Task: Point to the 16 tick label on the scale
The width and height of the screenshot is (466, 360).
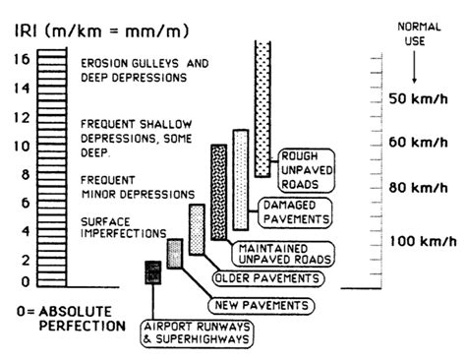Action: click(19, 61)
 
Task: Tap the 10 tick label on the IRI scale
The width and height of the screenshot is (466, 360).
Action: click(18, 148)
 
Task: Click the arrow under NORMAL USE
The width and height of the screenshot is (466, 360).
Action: click(416, 69)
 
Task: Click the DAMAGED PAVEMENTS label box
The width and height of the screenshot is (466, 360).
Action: click(294, 210)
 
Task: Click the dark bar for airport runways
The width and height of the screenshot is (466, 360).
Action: click(152, 273)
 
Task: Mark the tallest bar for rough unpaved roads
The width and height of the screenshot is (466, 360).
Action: click(262, 108)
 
